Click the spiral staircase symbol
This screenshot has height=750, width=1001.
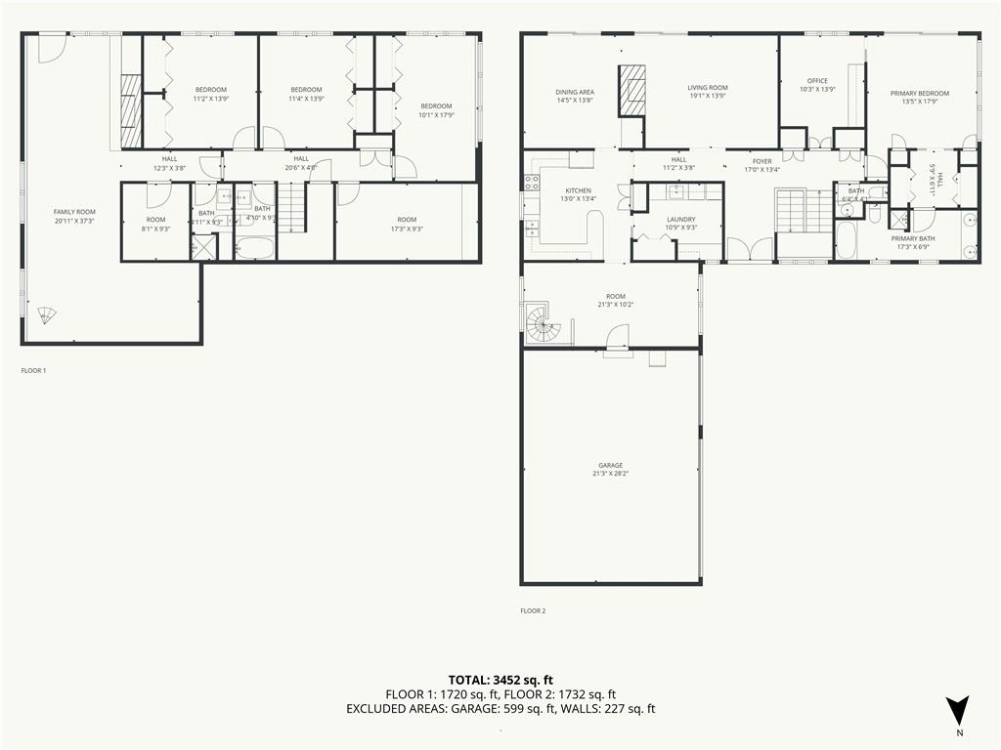[541, 324]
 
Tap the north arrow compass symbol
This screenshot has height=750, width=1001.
[958, 710]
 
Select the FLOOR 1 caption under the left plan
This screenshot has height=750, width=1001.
[33, 371]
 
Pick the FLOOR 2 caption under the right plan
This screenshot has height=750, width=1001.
[533, 611]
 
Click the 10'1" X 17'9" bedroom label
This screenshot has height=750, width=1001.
[436, 110]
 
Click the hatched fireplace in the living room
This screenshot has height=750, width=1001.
[632, 90]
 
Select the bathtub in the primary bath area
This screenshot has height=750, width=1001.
[846, 241]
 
